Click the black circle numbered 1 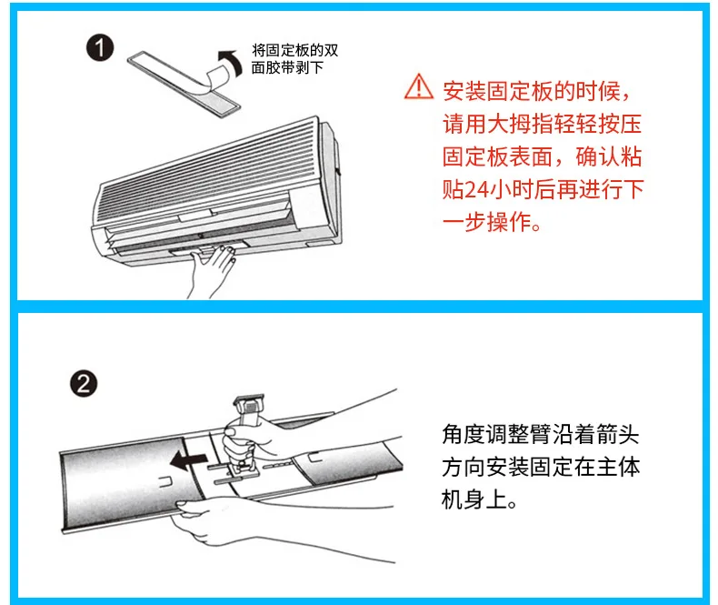pos(100,48)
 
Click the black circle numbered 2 pos(84,384)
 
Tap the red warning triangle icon pos(418,86)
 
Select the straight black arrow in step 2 pos(189,459)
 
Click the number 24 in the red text pos(477,190)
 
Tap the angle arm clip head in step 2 pos(250,404)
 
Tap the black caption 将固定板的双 pos(295,50)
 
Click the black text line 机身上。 pos(479,499)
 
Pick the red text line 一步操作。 pos(492,223)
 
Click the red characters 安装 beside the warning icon pos(464,91)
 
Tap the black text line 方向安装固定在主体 pos(542,467)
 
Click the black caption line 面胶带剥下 pos(288,68)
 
